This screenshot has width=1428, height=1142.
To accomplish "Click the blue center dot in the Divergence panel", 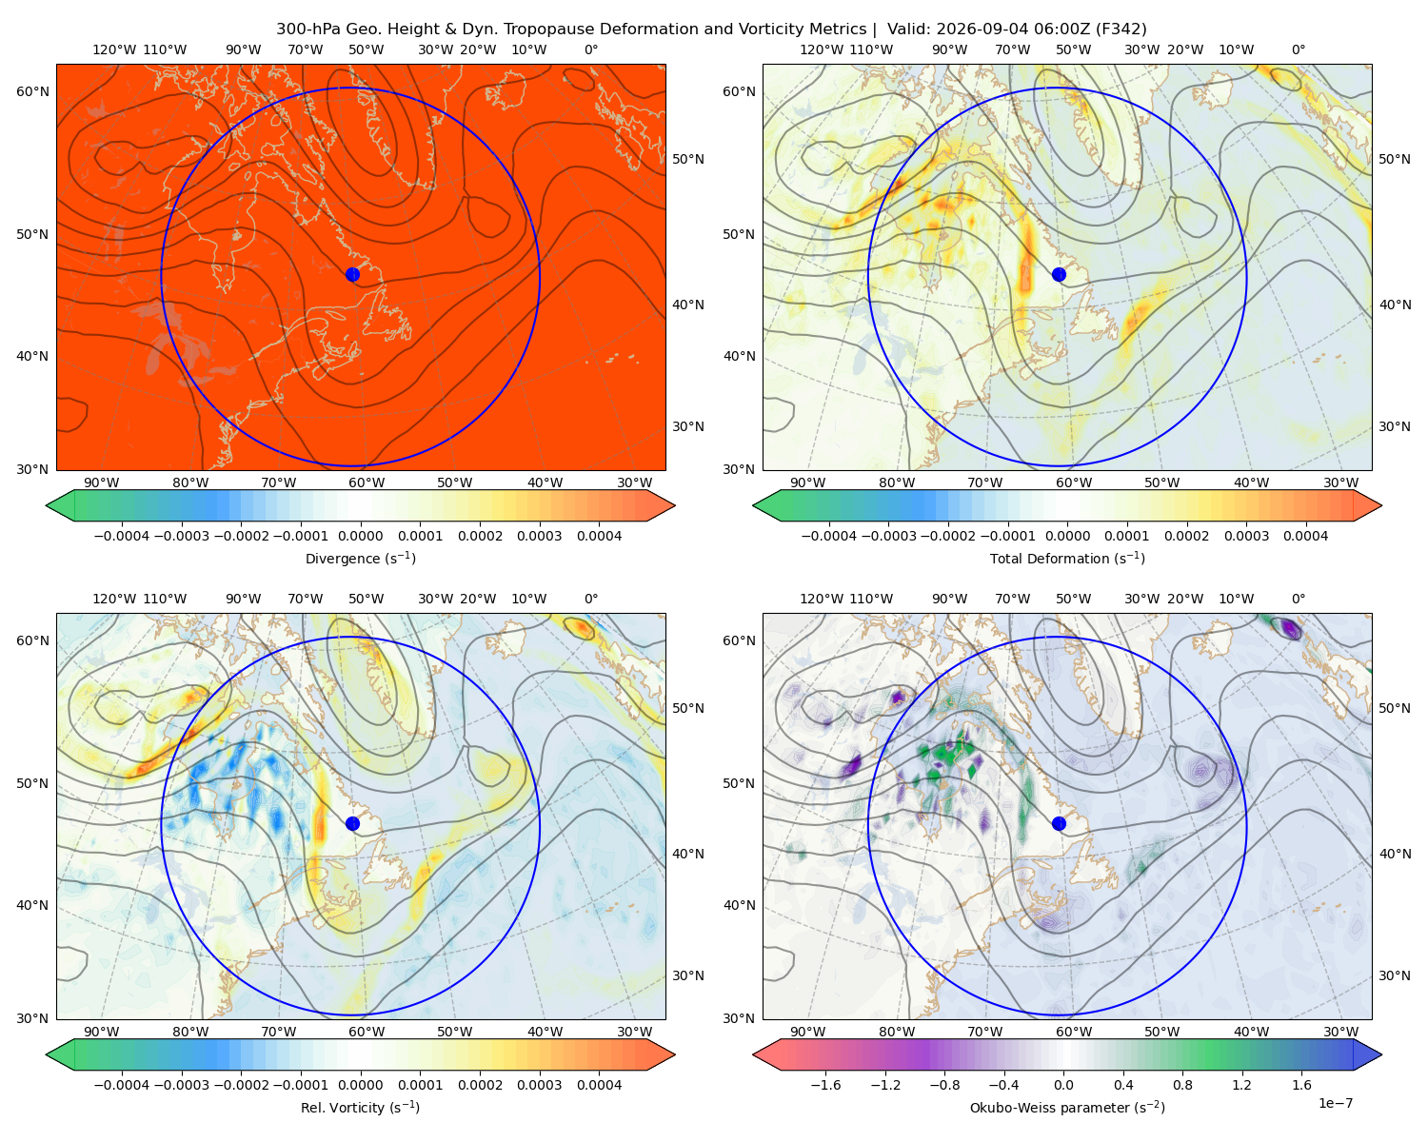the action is click(x=352, y=274).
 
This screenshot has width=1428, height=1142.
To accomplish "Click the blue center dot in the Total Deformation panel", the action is click(x=1059, y=274).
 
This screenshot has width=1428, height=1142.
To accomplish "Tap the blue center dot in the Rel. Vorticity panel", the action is click(x=352, y=823).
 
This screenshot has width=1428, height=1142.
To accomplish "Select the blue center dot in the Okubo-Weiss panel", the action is click(x=1059, y=823).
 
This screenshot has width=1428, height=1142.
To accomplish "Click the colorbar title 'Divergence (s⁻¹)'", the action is click(x=360, y=559).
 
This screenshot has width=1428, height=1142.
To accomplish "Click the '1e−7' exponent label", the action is click(x=1335, y=1103).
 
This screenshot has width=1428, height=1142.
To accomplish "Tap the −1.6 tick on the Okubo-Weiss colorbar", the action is click(x=825, y=1085).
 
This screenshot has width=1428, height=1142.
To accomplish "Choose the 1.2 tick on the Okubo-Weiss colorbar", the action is click(x=1241, y=1085).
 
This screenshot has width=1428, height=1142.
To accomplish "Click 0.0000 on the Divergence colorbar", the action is click(x=360, y=536).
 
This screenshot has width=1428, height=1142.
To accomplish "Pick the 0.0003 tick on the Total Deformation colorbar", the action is click(x=1246, y=536).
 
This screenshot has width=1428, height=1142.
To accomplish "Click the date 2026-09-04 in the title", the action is click(x=972, y=30).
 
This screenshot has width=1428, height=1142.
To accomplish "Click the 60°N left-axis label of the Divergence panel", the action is click(x=32, y=91).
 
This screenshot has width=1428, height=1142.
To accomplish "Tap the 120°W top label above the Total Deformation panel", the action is click(x=822, y=49).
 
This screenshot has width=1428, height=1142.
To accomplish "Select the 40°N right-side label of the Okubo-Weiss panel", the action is click(x=1395, y=854).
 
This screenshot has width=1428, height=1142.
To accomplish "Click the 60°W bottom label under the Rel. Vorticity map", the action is click(x=367, y=1032).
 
